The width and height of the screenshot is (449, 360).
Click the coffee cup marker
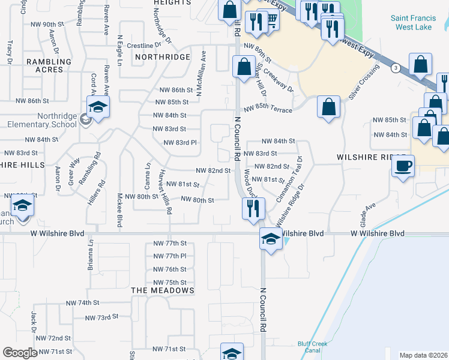coord(403,166)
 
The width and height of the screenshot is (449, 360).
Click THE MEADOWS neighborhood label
coord(163,290)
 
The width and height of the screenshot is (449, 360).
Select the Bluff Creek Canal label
coord(312,347)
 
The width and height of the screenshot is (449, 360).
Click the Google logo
coord(20,353)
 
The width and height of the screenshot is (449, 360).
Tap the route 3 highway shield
coord(395,68)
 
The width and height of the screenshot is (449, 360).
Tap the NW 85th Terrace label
coord(268,110)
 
